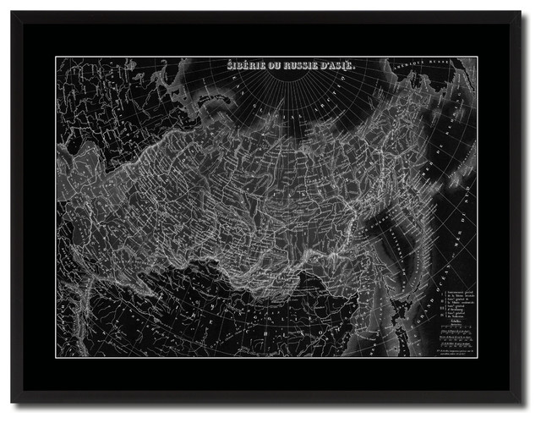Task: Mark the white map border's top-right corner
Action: pos(485,57)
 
